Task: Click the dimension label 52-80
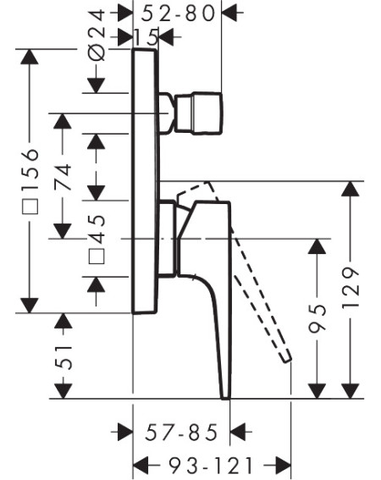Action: [x=179, y=14]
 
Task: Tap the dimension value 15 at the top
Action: [x=146, y=37]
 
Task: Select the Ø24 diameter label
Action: [x=97, y=35]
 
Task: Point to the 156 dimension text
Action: [x=30, y=163]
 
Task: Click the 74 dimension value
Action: [x=63, y=177]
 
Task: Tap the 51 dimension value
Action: [x=63, y=357]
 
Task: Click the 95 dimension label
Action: [x=317, y=318]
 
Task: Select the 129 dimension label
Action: [x=351, y=289]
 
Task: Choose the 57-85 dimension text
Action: [x=181, y=433]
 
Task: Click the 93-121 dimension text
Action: [x=212, y=466]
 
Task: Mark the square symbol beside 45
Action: [x=97, y=257]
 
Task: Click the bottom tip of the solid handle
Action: [x=225, y=397]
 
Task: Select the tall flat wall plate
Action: [x=145, y=181]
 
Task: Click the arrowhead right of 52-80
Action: [x=229, y=13]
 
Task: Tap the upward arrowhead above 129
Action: [x=351, y=189]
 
